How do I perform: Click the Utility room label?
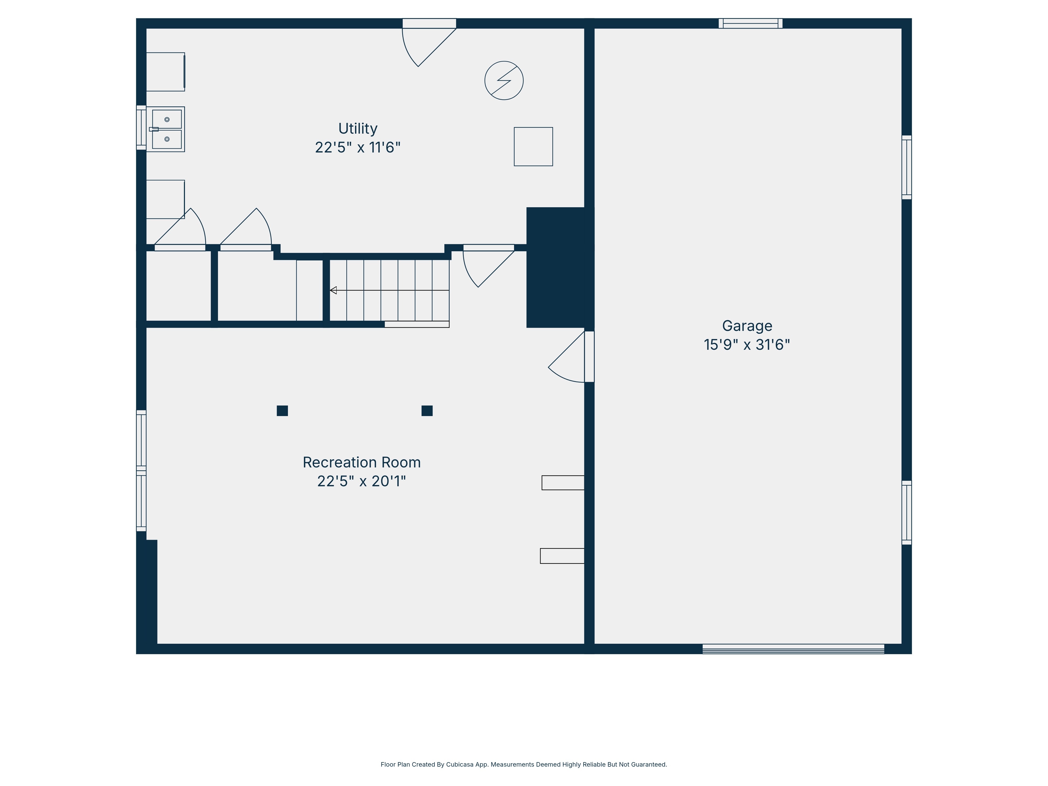(358, 128)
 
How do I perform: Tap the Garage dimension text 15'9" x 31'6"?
(747, 345)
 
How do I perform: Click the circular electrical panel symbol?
(504, 80)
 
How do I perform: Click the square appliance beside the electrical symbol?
(533, 146)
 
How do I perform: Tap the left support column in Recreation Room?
(282, 411)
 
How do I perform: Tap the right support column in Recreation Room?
(427, 411)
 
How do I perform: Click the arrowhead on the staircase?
(333, 290)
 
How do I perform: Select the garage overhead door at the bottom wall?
(793, 649)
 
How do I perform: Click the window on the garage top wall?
(750, 23)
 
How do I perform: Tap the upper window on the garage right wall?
(906, 167)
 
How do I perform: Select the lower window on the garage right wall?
(906, 513)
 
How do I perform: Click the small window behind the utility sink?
(141, 127)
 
